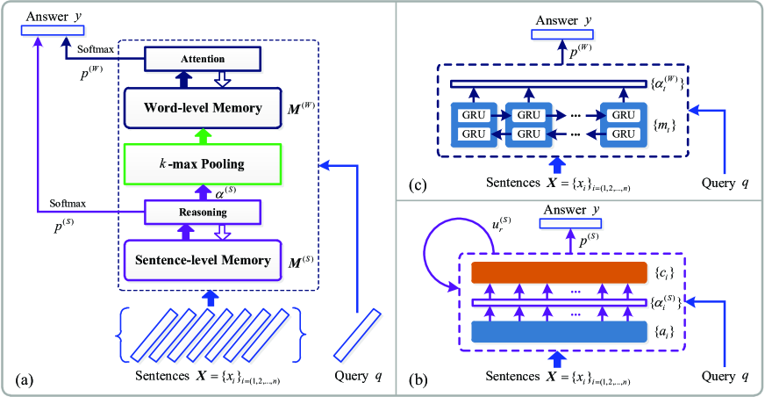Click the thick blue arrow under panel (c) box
tap(555, 164)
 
